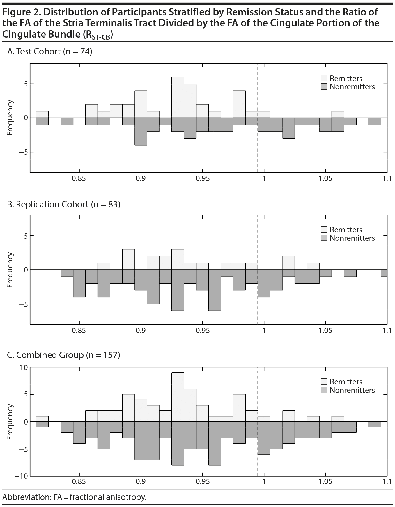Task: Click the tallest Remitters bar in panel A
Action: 178,97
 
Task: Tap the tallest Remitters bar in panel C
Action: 178,397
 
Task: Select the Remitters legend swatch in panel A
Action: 324,78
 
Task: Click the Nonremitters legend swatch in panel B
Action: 324,238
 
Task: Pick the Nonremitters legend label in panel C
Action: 352,390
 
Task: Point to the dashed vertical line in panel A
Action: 258,157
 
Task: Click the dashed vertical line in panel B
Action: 258,309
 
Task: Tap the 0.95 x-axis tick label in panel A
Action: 203,179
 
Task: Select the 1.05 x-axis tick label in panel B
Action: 325,331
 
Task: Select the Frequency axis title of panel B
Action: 10,270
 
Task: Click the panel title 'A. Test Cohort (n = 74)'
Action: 50,52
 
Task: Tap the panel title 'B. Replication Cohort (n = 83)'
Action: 64,204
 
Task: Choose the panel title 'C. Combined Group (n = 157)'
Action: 63,355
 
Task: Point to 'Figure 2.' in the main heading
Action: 22,12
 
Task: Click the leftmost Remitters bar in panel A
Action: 42,114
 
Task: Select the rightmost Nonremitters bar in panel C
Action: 375,424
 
